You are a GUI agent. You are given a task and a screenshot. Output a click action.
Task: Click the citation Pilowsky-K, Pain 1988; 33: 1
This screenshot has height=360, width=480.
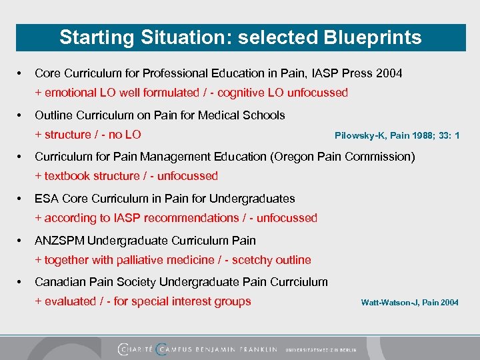(397, 136)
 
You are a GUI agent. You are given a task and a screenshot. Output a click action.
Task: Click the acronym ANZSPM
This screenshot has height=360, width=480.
(59, 241)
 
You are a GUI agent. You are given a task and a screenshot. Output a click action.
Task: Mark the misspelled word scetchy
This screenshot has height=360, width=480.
(249, 260)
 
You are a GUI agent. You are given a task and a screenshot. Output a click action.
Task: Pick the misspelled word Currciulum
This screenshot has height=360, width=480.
(297, 282)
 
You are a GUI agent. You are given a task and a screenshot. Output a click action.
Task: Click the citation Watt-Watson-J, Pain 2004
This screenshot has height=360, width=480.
(409, 303)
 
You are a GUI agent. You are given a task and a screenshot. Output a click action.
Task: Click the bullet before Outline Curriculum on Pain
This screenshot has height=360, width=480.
(21, 115)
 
